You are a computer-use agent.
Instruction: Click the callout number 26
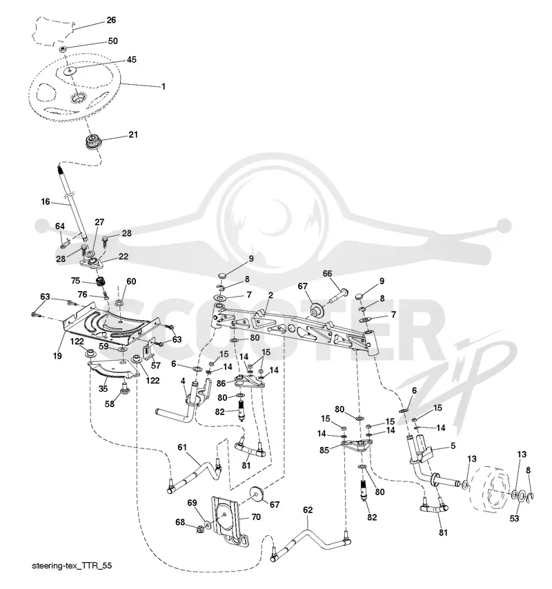click(111, 20)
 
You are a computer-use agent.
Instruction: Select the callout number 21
click(133, 134)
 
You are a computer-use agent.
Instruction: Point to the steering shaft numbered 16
click(72, 203)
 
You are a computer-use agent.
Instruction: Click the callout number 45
click(131, 59)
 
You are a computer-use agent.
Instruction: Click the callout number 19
click(57, 355)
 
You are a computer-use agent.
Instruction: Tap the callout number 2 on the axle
click(270, 295)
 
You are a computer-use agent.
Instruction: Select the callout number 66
click(327, 273)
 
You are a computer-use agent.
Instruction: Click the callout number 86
click(221, 383)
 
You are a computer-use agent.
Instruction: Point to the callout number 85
click(324, 450)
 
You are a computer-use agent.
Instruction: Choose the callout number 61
click(182, 447)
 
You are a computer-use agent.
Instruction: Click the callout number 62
click(308, 510)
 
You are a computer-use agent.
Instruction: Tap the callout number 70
click(256, 517)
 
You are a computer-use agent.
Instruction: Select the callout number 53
click(514, 519)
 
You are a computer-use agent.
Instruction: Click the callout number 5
click(453, 446)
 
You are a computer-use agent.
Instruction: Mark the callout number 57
click(155, 365)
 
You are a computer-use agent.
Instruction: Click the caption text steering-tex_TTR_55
click(72, 566)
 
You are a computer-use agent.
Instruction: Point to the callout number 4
click(183, 381)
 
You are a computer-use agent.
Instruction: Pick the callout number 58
click(109, 404)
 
